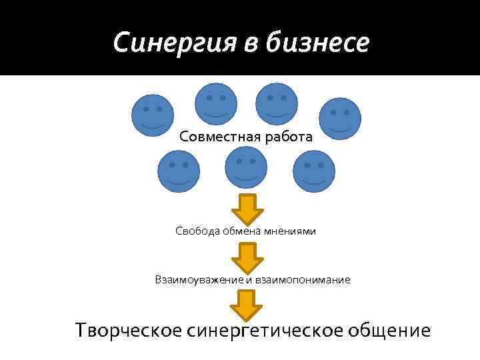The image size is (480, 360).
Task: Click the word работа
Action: [287, 137]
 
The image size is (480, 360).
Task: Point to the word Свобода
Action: [196, 231]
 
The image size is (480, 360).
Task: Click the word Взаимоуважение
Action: [198, 279]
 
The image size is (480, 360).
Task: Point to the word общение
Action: [391, 331]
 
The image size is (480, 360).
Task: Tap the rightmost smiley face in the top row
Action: [340, 119]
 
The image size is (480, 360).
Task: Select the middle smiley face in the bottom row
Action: [246, 167]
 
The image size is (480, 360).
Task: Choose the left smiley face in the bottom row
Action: [178, 171]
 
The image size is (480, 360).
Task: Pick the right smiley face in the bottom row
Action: [313, 171]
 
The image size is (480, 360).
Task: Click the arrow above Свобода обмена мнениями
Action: [247, 209]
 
